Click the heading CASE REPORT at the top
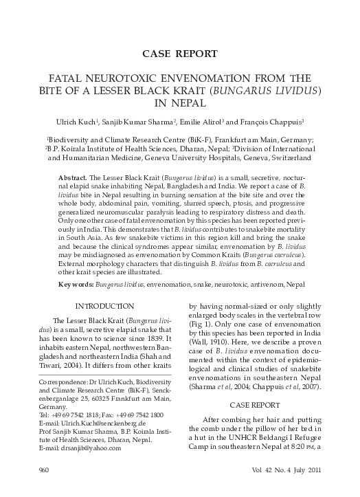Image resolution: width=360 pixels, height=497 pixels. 179,53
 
